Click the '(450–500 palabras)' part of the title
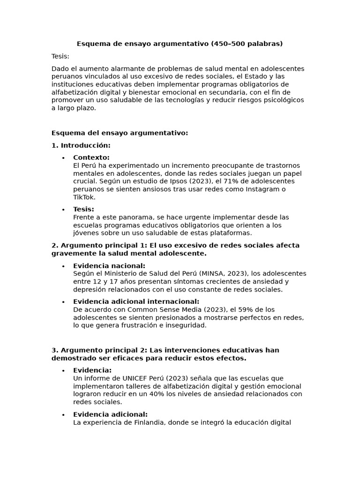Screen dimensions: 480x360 tap(247, 44)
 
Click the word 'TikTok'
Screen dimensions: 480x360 tap(84, 197)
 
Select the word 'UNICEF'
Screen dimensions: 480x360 tap(135, 378)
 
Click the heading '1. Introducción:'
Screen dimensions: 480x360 tap(81, 145)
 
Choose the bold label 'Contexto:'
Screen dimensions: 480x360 tap(91, 157)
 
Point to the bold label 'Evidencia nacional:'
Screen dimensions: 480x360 tap(109, 266)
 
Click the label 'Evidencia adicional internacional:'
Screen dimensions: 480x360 tap(136, 302)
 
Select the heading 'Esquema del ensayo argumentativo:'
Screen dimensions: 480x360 tap(120, 133)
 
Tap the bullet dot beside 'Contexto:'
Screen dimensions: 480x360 tap(63, 158)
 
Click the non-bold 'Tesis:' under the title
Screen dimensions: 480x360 tap(60, 57)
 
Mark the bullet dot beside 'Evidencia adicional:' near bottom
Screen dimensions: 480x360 tap(63, 415)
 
